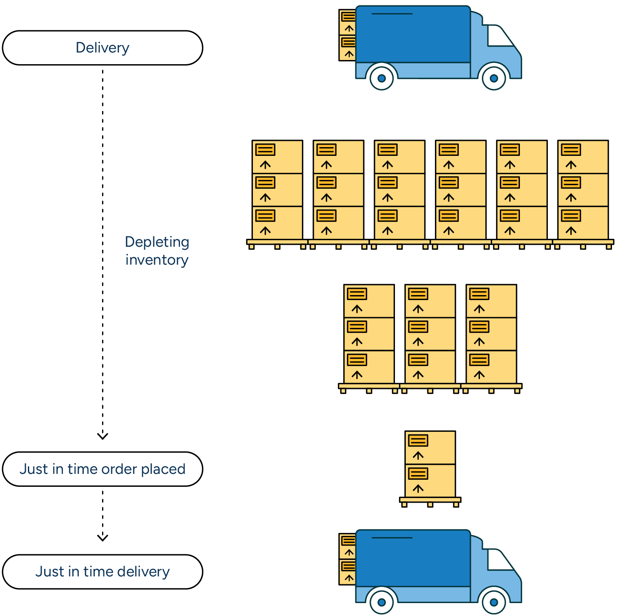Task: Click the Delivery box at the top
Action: (x=102, y=48)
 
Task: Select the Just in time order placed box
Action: (x=102, y=469)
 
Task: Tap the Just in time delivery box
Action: (x=102, y=571)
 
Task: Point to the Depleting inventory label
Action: (x=157, y=250)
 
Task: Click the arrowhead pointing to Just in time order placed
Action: (x=102, y=436)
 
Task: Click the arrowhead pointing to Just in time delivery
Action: (x=102, y=538)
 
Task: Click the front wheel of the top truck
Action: (x=494, y=78)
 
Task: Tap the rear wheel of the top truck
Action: (x=382, y=78)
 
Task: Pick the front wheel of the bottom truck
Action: (x=494, y=602)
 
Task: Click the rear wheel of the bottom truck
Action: (x=382, y=602)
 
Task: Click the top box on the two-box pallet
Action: (x=430, y=448)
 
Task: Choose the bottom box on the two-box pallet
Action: (x=430, y=481)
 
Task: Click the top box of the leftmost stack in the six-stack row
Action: (x=277, y=157)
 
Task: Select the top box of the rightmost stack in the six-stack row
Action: (x=583, y=157)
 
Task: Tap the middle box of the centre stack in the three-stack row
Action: (x=430, y=334)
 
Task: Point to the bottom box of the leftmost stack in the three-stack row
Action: (x=369, y=367)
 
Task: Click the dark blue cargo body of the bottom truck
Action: (x=413, y=558)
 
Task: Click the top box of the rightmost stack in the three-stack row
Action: (x=491, y=301)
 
